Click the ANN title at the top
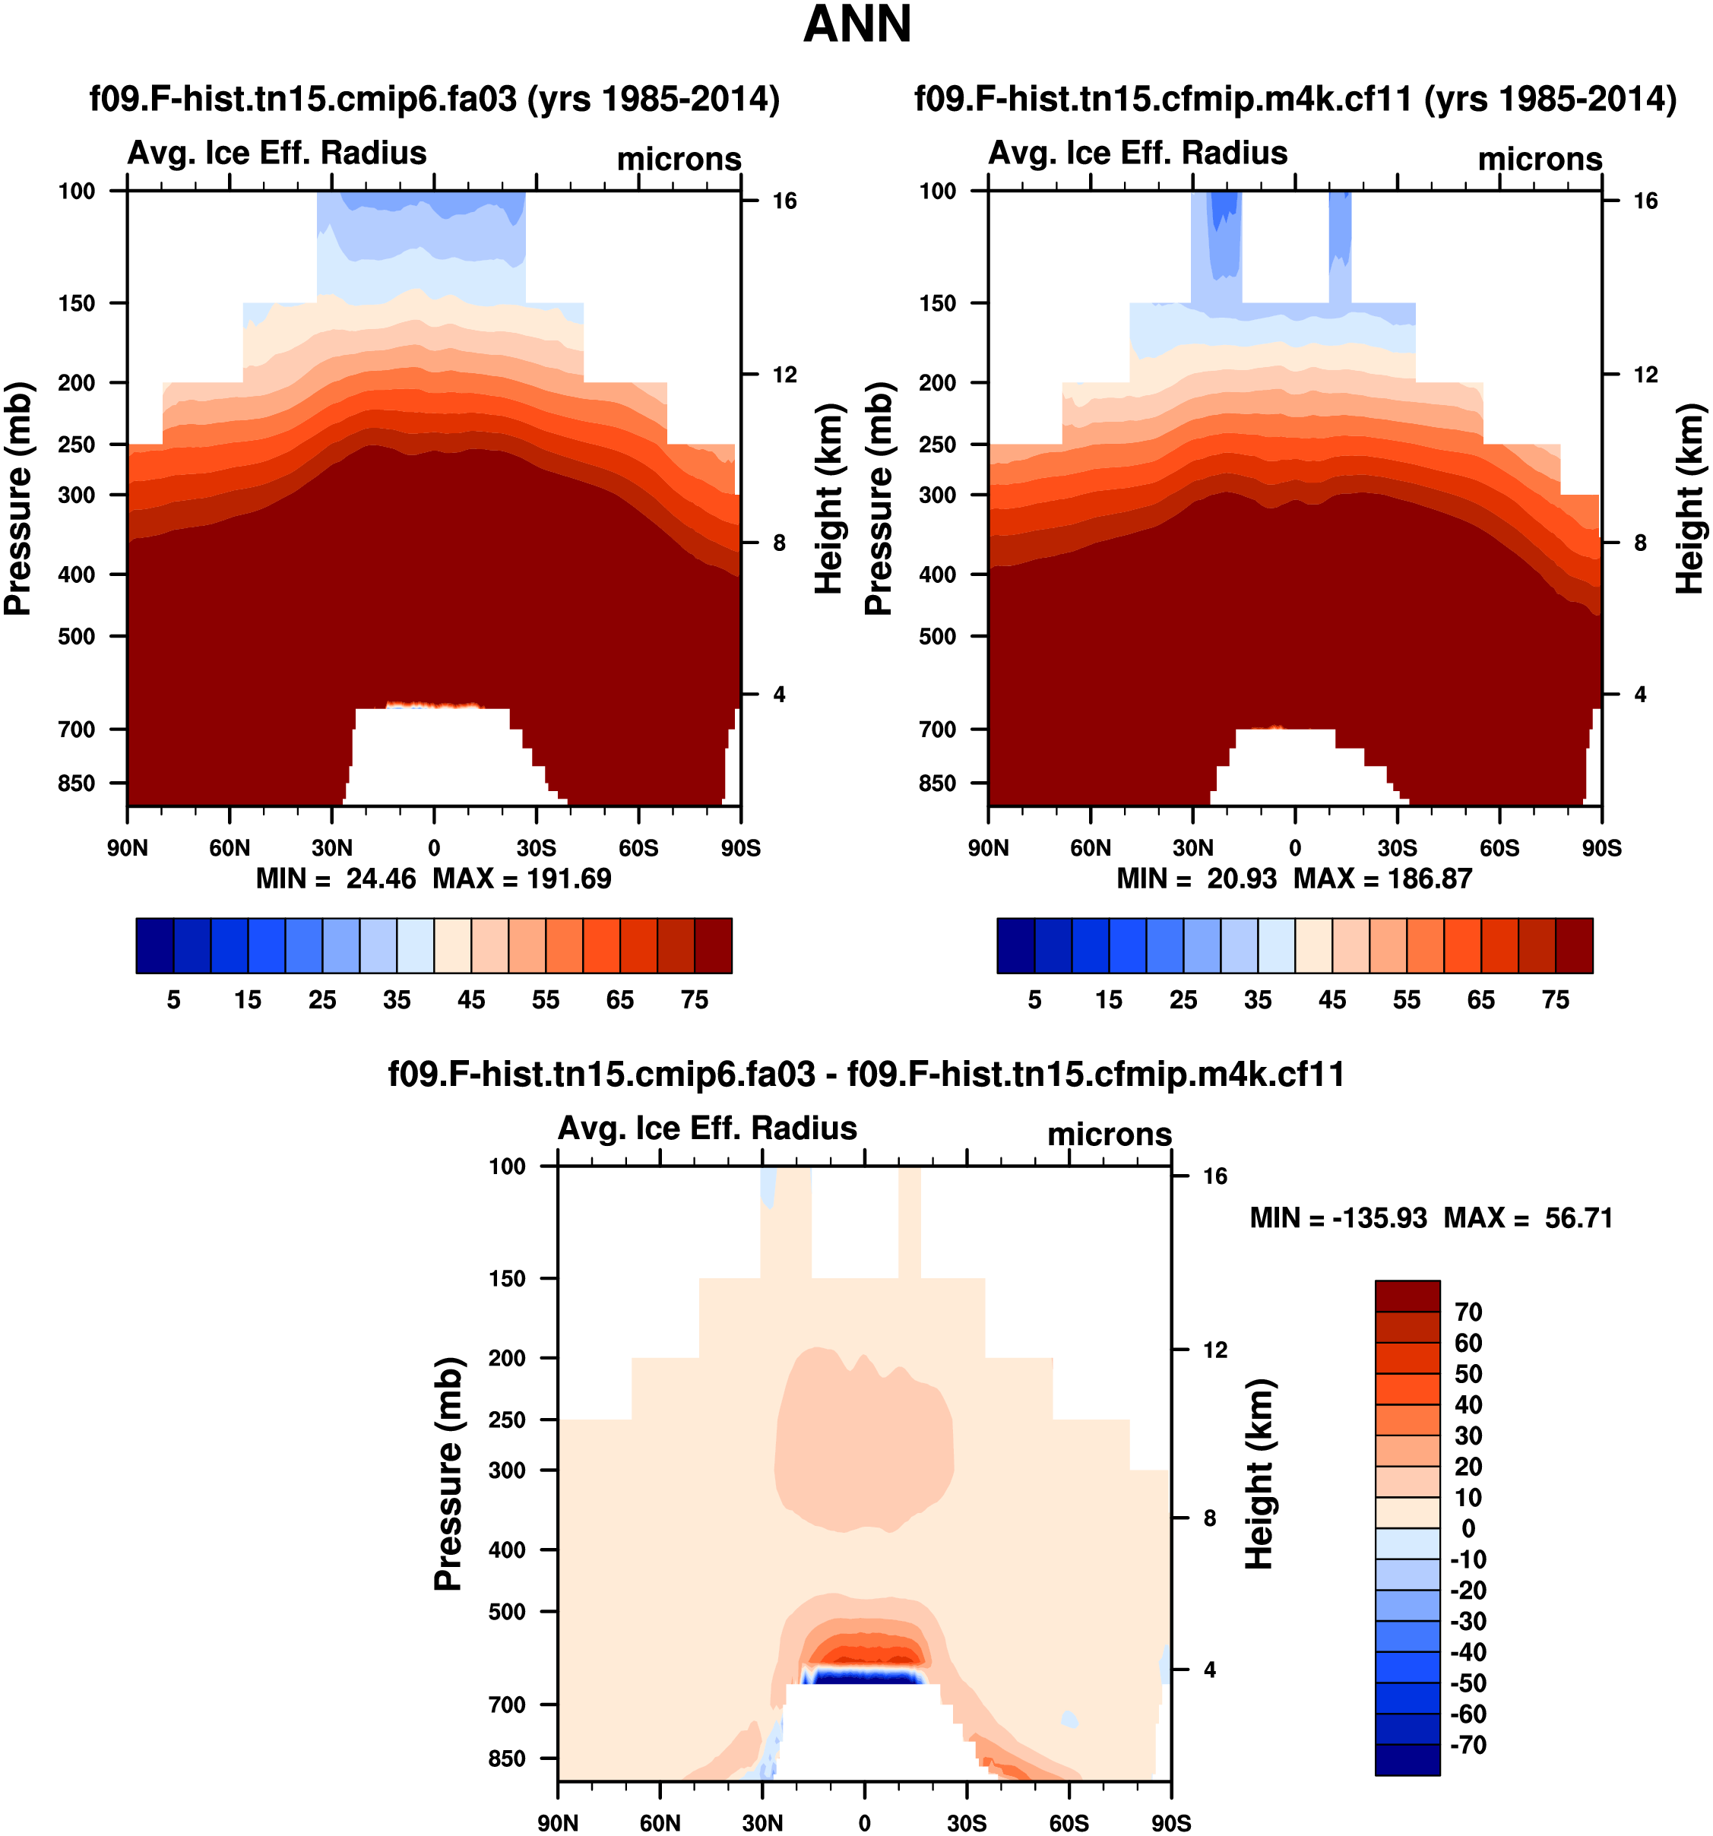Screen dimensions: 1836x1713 [x=857, y=25]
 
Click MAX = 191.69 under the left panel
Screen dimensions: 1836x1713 [x=522, y=878]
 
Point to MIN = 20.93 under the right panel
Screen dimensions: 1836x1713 [x=1196, y=878]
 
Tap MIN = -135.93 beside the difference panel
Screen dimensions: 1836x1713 [x=1338, y=1218]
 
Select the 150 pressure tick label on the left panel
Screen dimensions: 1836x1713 [x=76, y=304]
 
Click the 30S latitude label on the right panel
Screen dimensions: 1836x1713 [x=1397, y=848]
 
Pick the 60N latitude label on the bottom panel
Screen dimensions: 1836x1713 [x=660, y=1823]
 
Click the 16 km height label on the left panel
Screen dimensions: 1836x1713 [x=784, y=201]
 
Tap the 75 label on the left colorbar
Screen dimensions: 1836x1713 [x=695, y=1000]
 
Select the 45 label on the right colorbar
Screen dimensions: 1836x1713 [x=1331, y=1000]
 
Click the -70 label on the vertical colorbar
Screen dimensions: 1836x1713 [x=1468, y=1745]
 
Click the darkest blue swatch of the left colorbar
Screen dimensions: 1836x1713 [x=154, y=945]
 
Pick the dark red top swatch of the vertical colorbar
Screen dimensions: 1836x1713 [x=1407, y=1296]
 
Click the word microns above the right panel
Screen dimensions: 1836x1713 [x=1540, y=160]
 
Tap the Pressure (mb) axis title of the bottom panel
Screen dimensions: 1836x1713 [x=448, y=1474]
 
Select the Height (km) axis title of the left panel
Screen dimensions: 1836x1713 [x=829, y=499]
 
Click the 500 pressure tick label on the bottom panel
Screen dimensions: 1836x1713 [x=507, y=1612]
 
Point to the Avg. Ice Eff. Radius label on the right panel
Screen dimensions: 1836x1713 [x=1138, y=154]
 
